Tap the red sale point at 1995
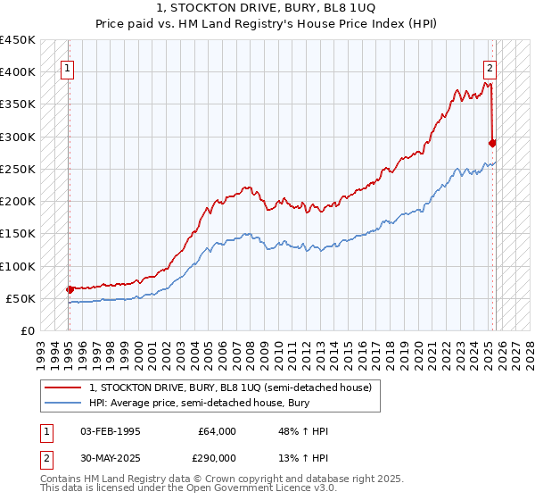tap(70, 289)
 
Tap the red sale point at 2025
tap(492, 143)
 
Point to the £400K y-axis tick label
tap(18, 72)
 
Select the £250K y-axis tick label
tap(18, 169)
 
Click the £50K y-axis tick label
tap(21, 298)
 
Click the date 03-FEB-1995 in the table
tap(111, 431)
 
